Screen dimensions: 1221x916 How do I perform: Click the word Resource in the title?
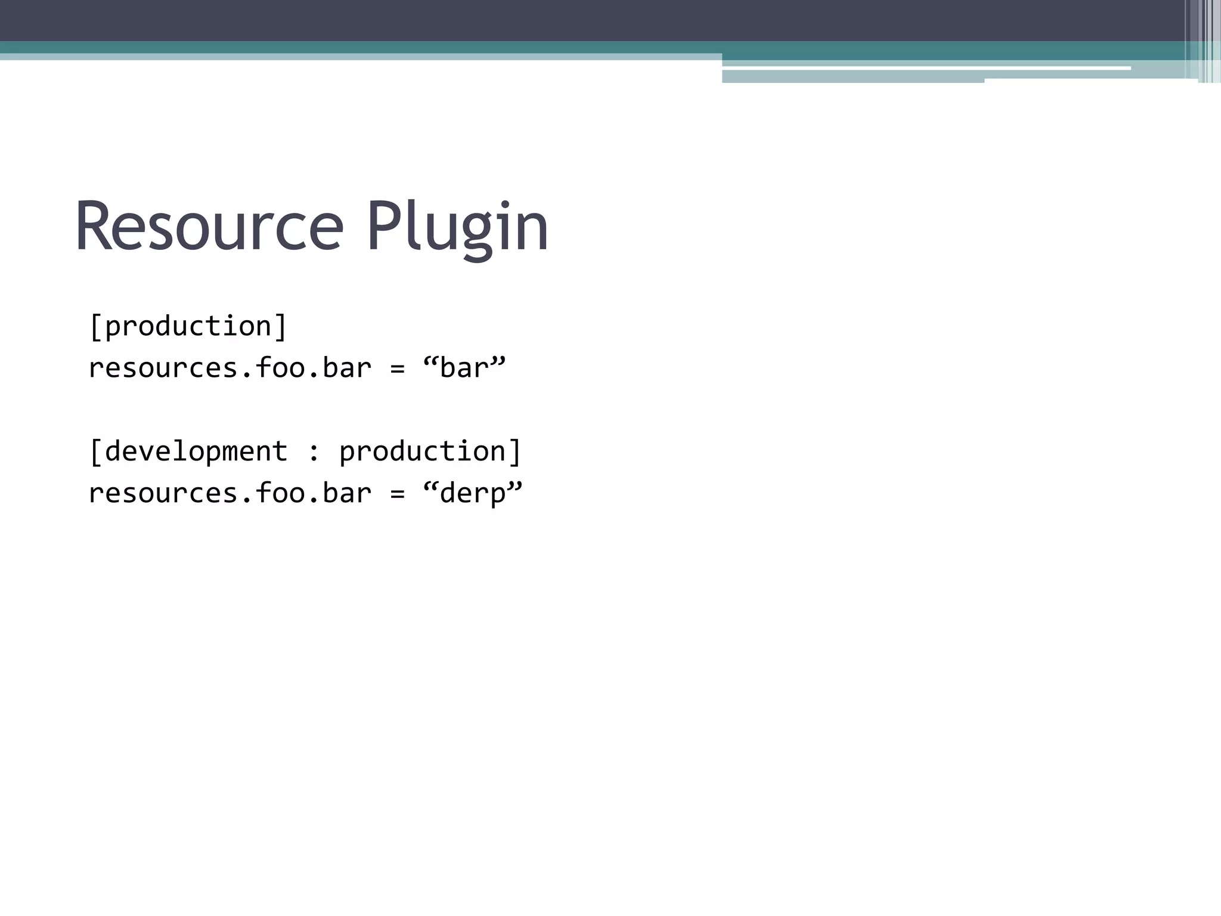pyautogui.click(x=209, y=227)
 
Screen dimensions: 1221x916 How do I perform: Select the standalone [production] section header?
pyautogui.click(x=188, y=327)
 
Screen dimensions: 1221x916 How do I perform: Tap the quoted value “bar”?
pyautogui.click(x=464, y=368)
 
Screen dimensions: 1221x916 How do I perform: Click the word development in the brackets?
pyautogui.click(x=196, y=451)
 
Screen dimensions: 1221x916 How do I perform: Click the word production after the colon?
pyautogui.click(x=422, y=451)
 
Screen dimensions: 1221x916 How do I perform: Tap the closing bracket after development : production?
pyautogui.click(x=515, y=451)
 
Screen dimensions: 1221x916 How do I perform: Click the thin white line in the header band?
pyautogui.click(x=924, y=69)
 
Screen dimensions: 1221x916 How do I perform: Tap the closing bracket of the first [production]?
pyautogui.click(x=281, y=327)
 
